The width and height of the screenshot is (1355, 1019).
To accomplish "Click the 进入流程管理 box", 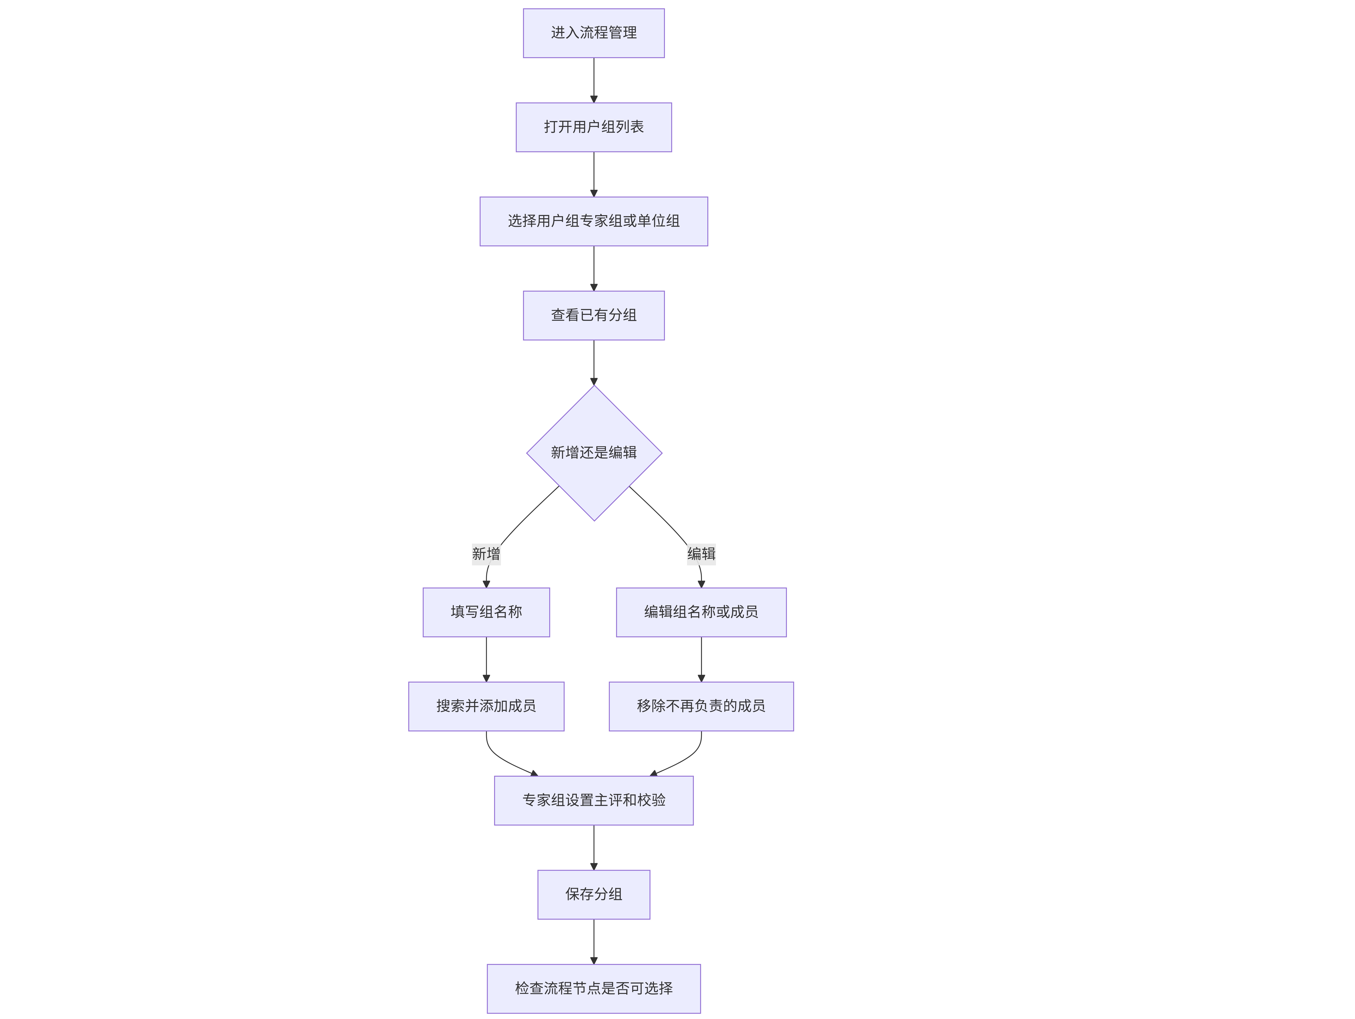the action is click(594, 33).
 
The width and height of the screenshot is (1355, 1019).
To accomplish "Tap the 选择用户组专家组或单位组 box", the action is click(594, 221).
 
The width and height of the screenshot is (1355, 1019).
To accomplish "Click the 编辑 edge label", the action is click(701, 554).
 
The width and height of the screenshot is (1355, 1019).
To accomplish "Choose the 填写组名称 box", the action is click(486, 612).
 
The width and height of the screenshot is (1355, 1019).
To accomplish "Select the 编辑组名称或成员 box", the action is click(701, 612).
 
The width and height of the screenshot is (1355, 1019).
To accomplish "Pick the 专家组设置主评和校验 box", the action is click(594, 800).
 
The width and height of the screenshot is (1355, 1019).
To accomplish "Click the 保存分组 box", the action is click(594, 895).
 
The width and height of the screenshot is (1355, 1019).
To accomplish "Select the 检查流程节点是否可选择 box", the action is click(594, 988).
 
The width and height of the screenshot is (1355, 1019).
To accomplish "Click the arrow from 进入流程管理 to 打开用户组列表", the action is click(594, 80).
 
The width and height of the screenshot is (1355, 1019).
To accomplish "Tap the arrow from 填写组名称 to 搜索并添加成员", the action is click(486, 659).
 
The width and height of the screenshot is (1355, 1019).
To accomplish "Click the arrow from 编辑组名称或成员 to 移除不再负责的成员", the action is click(701, 659).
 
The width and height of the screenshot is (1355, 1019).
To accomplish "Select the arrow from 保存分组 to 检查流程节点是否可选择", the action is click(594, 942).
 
